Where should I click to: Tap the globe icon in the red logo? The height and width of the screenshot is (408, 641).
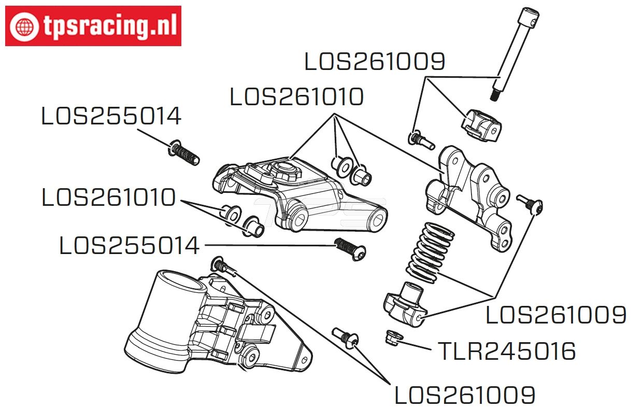(x=24, y=26)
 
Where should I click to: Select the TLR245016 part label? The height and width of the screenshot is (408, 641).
(x=506, y=352)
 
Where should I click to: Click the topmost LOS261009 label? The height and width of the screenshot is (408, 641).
(x=374, y=62)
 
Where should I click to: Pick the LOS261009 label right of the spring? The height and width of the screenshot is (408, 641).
(x=555, y=315)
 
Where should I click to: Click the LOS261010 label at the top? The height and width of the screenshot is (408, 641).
(x=296, y=97)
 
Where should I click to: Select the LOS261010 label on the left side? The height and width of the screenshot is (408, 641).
(x=108, y=198)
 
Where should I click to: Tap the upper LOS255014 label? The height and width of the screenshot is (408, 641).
(x=111, y=117)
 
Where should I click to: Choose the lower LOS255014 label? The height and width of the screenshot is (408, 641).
(x=129, y=245)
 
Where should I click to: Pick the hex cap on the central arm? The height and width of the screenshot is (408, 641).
(x=284, y=170)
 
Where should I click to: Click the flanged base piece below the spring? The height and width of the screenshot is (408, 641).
(x=406, y=306)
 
